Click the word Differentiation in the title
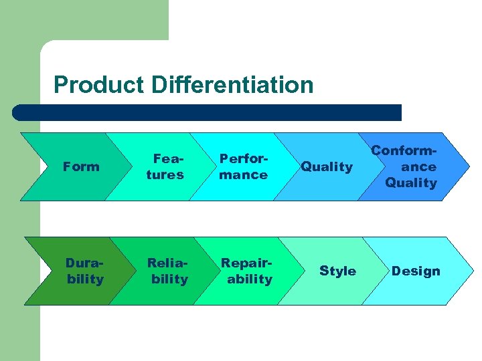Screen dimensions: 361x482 tap(232, 85)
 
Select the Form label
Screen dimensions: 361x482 tap(80, 166)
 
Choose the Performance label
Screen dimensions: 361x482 tap(243, 166)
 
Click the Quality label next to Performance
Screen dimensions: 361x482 tap(326, 166)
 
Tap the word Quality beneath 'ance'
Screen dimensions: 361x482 tap(411, 183)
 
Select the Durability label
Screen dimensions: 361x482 tap(85, 271)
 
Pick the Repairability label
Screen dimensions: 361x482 tap(247, 271)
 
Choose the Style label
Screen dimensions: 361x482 tap(337, 271)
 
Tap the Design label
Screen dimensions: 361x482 tap(416, 271)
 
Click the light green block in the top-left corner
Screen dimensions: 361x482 tap(84, 20)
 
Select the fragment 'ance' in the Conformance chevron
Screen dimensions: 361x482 tap(418, 166)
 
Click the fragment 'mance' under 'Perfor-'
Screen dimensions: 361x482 tap(243, 174)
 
